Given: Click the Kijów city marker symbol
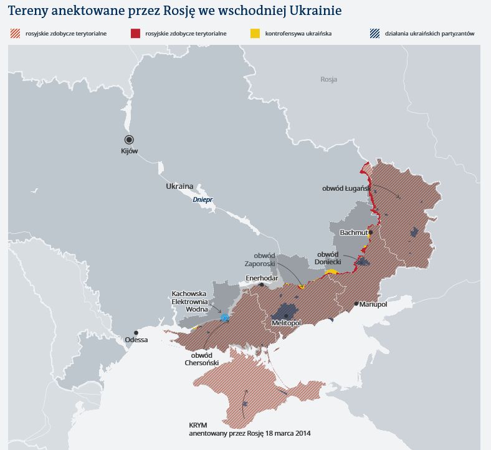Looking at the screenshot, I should coord(129,140).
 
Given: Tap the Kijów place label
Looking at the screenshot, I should coord(129,151).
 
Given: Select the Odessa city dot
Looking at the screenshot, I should coord(136,333).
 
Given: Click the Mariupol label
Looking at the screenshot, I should coord(374,304).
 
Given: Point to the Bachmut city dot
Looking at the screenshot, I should coord(370,232).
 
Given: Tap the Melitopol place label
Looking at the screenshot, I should coord(287,323).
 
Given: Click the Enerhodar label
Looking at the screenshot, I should coord(262,277).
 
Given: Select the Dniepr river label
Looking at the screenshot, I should coord(203,199).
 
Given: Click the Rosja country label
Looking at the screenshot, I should coord(328,79).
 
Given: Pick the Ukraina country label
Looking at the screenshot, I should coord(179,186).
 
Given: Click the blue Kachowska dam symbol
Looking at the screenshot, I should coord(225,318).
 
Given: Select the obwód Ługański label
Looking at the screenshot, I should coord(346,188).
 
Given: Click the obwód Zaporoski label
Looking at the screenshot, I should coord(265,259).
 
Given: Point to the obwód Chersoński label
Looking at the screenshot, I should coord(201,359).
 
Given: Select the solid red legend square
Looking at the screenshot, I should coord(135,33).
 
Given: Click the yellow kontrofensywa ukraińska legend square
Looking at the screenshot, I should coord(255,33).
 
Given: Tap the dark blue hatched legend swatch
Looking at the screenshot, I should coord(374,33).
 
